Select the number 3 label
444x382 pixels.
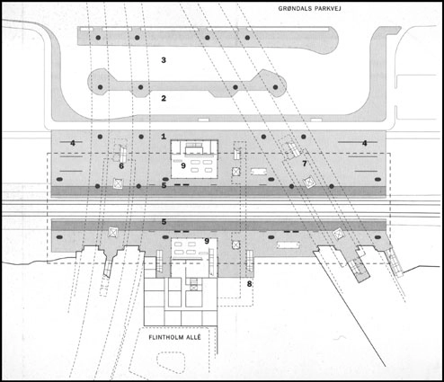(x=164, y=60)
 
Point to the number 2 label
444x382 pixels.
(x=164, y=98)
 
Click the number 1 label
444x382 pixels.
(x=164, y=136)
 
